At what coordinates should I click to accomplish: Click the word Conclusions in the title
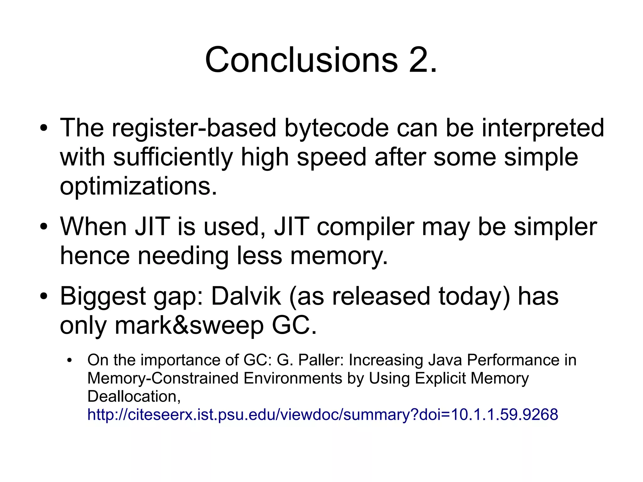301,60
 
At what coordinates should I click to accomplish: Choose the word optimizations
138,186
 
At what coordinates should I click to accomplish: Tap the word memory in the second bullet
339,256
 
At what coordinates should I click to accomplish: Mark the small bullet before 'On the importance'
69,360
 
